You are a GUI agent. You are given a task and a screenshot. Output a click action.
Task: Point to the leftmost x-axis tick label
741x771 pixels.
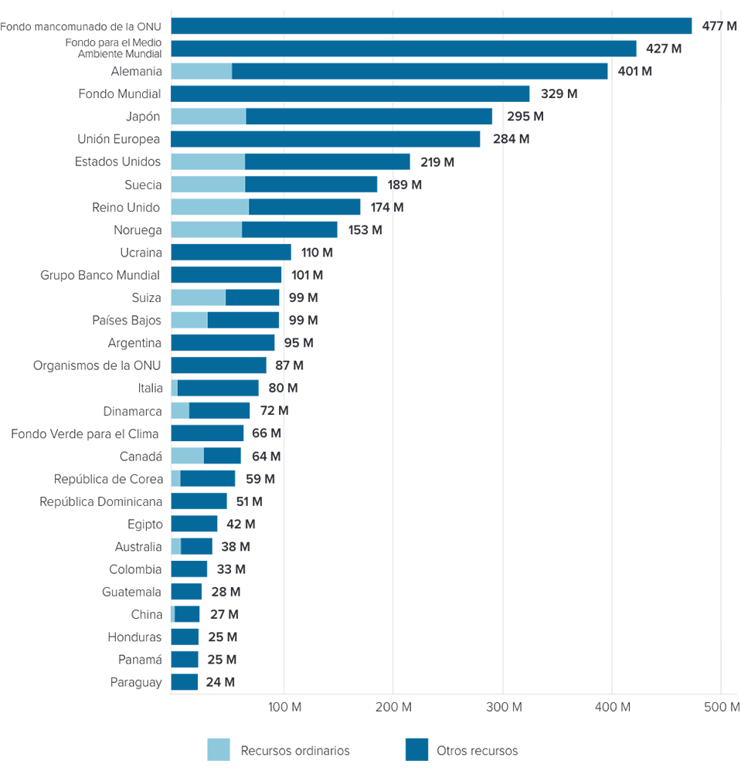point(284,705)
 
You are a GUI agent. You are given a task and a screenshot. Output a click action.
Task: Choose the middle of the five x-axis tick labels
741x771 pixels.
point(503,705)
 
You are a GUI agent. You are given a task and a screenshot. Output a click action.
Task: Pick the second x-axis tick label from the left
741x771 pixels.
point(393,705)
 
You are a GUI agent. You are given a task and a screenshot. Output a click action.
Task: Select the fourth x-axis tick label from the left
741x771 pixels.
point(613,705)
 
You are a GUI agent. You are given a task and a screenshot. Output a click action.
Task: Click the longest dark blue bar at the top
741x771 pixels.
point(433,26)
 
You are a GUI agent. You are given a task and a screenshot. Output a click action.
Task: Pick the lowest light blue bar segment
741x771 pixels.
point(171,613)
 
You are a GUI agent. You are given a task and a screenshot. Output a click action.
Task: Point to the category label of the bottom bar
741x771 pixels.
point(139,680)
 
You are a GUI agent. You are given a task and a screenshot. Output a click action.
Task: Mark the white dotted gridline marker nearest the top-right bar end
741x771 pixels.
point(613,37)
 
